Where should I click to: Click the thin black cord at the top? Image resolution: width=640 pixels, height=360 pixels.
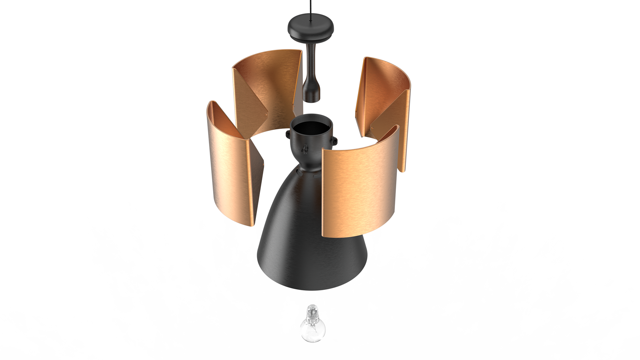(x=311, y=8)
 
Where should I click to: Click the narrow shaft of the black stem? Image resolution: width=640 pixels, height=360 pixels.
(x=311, y=60)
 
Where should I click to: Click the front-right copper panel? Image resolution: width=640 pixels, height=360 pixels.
(x=358, y=190)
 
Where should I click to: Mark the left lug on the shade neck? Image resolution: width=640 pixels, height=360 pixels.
(x=288, y=135)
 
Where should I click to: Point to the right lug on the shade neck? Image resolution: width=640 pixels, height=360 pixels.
(x=334, y=140)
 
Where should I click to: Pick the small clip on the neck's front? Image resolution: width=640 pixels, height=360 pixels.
(x=305, y=149)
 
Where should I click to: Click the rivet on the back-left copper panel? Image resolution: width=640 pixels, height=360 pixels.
(x=266, y=114)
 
